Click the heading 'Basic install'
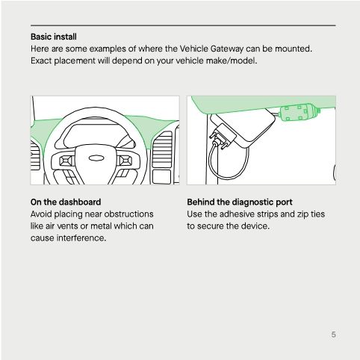click(x=54, y=36)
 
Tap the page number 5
click(x=333, y=334)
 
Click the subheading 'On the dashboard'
click(x=66, y=202)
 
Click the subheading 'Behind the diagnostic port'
click(x=240, y=202)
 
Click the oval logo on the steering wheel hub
click(x=96, y=158)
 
